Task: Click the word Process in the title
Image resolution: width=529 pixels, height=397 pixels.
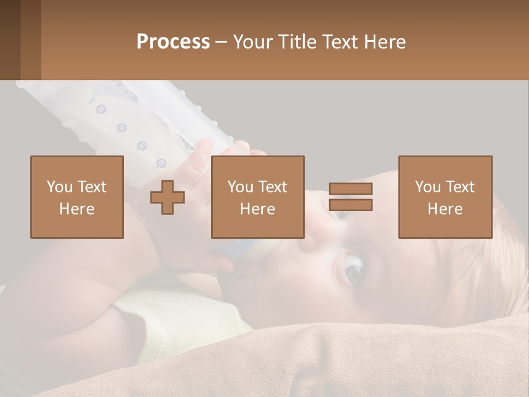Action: (173, 42)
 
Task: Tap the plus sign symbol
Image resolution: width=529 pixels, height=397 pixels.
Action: (168, 197)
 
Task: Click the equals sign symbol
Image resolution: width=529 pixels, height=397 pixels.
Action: (350, 197)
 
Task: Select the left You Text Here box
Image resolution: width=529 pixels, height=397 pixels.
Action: (77, 197)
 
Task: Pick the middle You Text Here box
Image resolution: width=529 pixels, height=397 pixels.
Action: (257, 197)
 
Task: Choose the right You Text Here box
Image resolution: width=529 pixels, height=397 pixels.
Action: (445, 197)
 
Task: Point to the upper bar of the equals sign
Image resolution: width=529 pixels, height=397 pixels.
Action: (350, 189)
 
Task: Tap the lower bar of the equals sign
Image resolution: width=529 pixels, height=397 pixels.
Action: (350, 205)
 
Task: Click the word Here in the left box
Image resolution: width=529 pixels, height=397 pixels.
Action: (77, 208)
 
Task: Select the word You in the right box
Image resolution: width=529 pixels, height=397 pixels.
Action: (428, 187)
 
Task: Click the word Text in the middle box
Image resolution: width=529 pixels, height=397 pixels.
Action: (272, 187)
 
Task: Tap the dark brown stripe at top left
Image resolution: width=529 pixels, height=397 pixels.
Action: (10, 40)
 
